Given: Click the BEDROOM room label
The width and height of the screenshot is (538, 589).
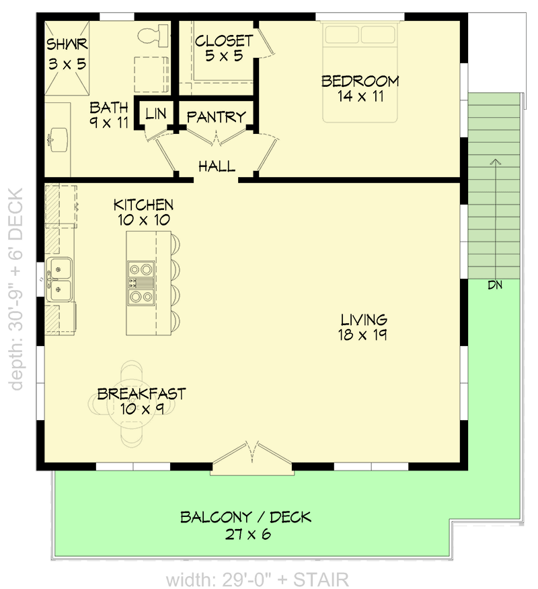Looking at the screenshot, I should click(360, 81).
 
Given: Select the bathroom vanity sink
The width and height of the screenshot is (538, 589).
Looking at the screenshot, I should click(58, 138).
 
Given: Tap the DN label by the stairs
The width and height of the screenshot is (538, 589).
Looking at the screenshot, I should click(496, 285).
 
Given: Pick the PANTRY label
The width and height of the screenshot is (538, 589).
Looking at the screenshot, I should click(216, 117).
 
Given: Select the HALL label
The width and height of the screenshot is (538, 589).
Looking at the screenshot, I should click(217, 166).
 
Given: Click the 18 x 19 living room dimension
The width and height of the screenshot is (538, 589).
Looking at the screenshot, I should click(363, 335).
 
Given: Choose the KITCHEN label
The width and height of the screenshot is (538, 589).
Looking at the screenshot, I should click(143, 205).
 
